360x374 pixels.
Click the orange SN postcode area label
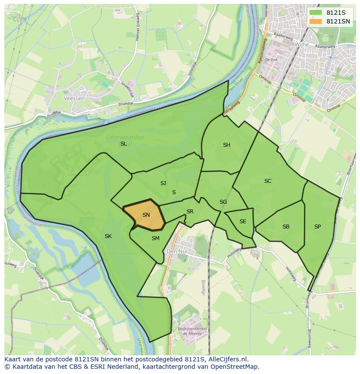pyautogui.click(x=146, y=215)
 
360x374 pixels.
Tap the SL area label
pyautogui.click(x=123, y=144)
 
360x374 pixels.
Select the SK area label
pyautogui.click(x=108, y=236)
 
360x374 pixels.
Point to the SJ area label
pyautogui.click(x=163, y=183)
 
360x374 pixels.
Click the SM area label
pyautogui.click(x=156, y=238)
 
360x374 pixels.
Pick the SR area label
pyautogui.click(x=190, y=212)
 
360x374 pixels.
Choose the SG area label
pyautogui.click(x=223, y=202)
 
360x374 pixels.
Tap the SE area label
pyautogui.click(x=243, y=222)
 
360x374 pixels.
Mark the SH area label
pyautogui.click(x=227, y=145)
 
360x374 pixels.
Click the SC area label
pyautogui.click(x=268, y=181)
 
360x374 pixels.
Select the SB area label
pyautogui.click(x=286, y=227)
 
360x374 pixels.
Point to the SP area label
pyautogui.click(x=317, y=227)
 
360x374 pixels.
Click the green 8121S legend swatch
pyautogui.click(x=316, y=13)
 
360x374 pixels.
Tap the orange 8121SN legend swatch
pyautogui.click(x=316, y=21)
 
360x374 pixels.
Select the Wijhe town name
pyautogui.click(x=301, y=44)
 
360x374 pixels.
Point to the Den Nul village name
pyautogui.click(x=177, y=251)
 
